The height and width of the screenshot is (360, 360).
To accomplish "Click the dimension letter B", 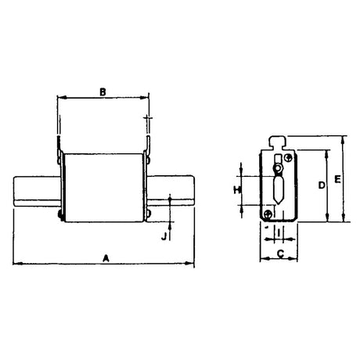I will click(x=103, y=91).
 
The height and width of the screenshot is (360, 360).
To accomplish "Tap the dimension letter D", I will click(x=321, y=185).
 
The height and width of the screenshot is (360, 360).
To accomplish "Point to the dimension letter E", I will click(x=337, y=179).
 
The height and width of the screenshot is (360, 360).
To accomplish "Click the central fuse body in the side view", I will click(x=103, y=186).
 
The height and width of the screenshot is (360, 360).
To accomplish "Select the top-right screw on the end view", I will click(x=289, y=159).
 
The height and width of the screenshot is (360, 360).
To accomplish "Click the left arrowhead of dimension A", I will click(x=16, y=262).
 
